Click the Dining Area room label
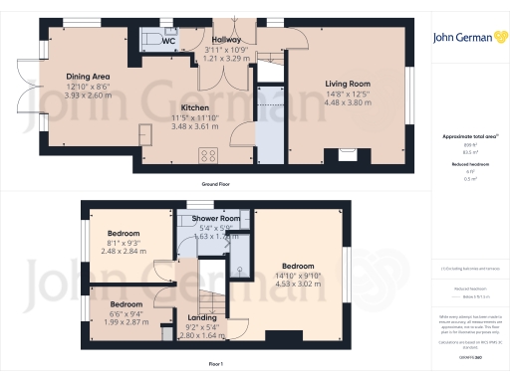[88, 76]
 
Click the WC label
[169, 41]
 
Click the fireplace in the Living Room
[349, 154]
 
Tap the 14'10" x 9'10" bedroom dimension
[298, 278]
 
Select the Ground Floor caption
[217, 185]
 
